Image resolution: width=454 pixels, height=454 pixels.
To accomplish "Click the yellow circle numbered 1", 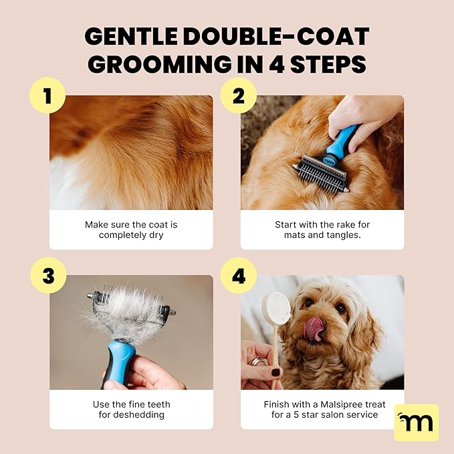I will point(47,96).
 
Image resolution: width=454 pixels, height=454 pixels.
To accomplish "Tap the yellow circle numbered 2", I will point(239,96).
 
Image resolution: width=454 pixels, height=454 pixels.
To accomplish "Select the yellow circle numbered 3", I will point(47,275).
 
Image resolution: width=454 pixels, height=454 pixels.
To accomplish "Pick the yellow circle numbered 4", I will point(239,275).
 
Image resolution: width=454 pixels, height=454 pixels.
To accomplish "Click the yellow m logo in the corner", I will point(416,422).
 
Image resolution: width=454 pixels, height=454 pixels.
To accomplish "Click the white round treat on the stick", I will point(276,308).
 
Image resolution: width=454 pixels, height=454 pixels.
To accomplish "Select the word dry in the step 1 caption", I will point(153,235).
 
